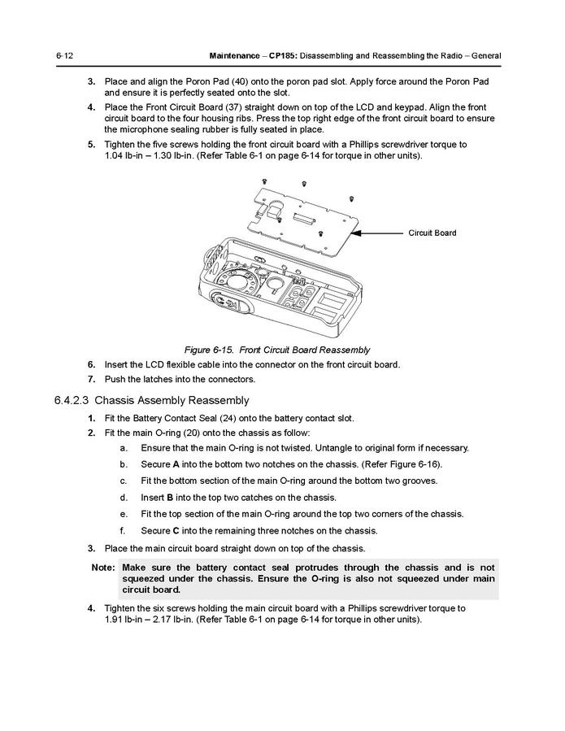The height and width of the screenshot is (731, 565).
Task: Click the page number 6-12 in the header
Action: [x=65, y=55]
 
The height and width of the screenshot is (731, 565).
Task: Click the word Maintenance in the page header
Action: [x=235, y=55]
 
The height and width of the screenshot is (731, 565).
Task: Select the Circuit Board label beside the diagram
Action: [x=432, y=233]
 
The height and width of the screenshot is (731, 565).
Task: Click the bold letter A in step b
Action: [x=176, y=464]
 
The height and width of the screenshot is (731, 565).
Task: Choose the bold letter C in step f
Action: [x=177, y=531]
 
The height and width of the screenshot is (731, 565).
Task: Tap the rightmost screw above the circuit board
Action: [x=350, y=198]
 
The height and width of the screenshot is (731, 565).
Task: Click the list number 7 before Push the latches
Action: [x=92, y=379]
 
